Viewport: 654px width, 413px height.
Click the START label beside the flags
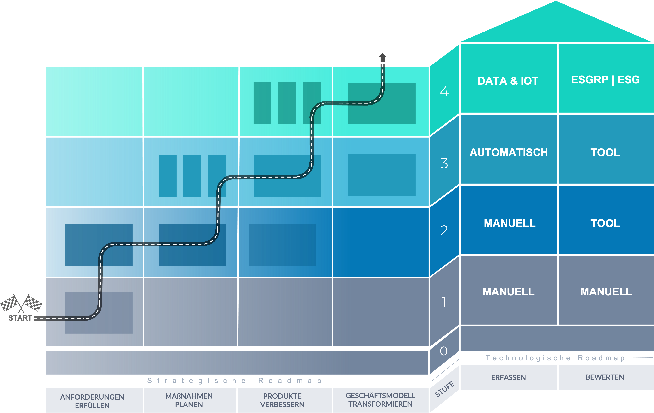click(20, 318)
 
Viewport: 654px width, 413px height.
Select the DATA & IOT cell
click(508, 81)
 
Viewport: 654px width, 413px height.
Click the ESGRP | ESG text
click(605, 80)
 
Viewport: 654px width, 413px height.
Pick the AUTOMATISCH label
click(508, 152)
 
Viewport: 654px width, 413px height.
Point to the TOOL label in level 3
click(605, 152)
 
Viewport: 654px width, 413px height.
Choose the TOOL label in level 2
click(605, 223)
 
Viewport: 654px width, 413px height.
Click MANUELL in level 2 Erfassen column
click(510, 223)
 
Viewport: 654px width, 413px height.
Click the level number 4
click(444, 92)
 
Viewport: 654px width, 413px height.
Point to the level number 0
click(443, 351)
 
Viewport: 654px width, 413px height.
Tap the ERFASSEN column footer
click(508, 377)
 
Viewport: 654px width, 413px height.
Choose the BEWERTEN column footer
click(605, 377)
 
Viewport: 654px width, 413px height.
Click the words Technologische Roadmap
click(555, 358)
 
